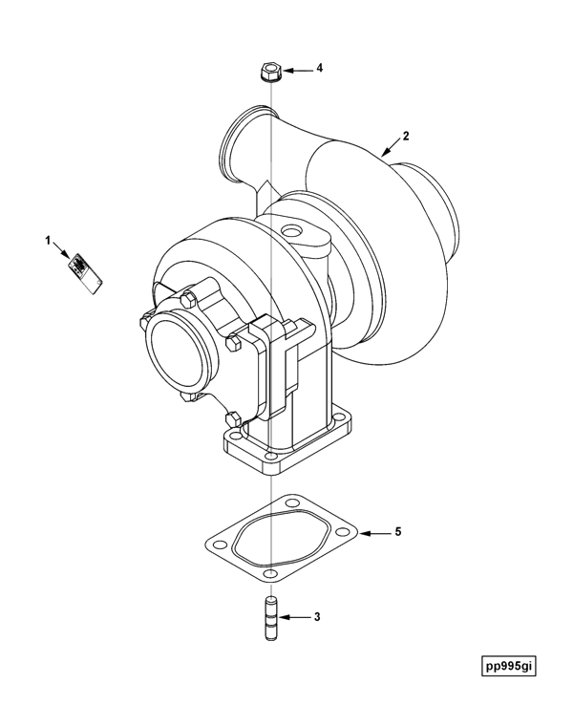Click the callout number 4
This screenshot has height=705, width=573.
tap(320, 69)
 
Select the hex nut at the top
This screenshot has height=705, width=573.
tap(270, 73)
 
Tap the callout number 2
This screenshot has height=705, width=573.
tap(406, 136)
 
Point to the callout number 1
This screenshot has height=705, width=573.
tap(48, 241)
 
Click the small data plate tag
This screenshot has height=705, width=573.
tap(85, 274)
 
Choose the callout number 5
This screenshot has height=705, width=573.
tap(398, 532)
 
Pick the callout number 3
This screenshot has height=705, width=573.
tap(317, 617)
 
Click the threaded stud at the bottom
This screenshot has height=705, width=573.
tap(271, 618)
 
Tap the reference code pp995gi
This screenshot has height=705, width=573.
tap(509, 667)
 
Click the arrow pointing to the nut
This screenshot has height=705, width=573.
tap(297, 71)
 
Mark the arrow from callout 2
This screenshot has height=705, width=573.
tap(390, 148)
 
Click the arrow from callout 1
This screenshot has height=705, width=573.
tap(61, 250)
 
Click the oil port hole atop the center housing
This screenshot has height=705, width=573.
tap(290, 231)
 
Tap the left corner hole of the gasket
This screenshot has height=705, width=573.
tap(219, 545)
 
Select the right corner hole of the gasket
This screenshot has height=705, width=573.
tap(342, 532)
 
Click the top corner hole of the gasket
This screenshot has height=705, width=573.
tap(292, 502)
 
